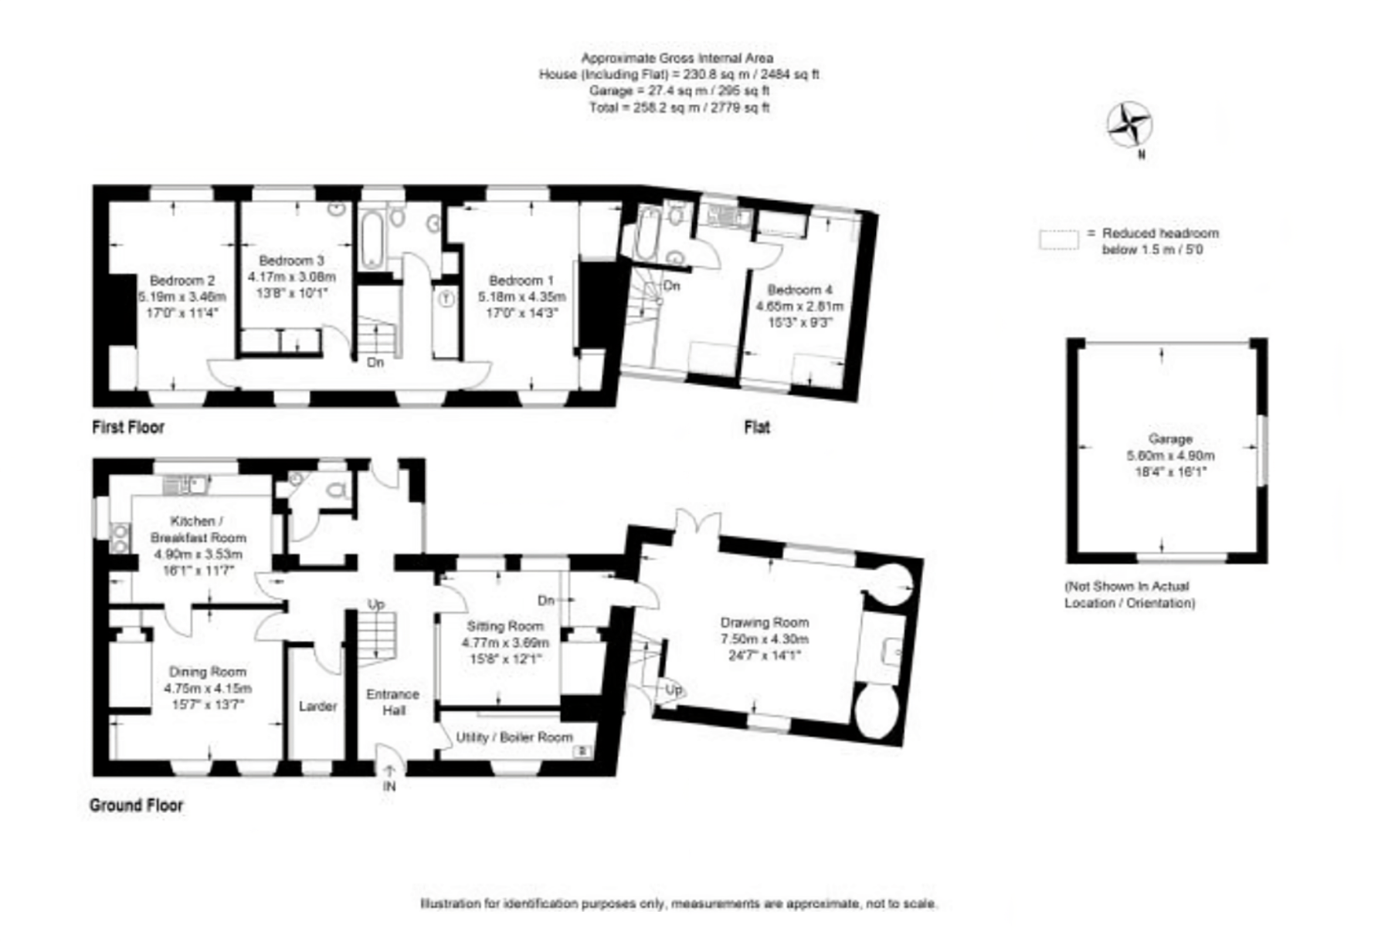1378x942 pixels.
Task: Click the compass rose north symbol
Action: tap(1129, 126)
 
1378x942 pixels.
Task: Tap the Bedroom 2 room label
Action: tap(182, 280)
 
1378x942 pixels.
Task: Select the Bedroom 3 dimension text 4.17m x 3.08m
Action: tap(292, 276)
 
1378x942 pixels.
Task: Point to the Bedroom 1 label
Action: tap(521, 280)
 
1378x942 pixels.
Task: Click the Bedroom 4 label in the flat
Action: tap(799, 290)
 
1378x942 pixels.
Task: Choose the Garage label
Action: tap(1170, 439)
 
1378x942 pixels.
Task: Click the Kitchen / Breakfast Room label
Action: tap(199, 529)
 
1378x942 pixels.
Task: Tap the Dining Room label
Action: tap(207, 672)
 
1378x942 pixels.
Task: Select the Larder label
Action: tap(317, 706)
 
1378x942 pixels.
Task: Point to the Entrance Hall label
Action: tap(393, 701)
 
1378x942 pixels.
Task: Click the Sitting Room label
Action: tap(505, 626)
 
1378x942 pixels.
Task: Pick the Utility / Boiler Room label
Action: tap(514, 737)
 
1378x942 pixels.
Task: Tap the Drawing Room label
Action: tap(765, 622)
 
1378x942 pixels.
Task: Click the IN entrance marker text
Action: tap(389, 787)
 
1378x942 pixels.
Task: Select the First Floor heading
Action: tap(128, 427)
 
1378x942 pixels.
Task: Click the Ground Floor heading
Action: tap(137, 805)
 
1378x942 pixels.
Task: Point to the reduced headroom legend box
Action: tap(1058, 240)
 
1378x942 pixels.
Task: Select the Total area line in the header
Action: tap(679, 108)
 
